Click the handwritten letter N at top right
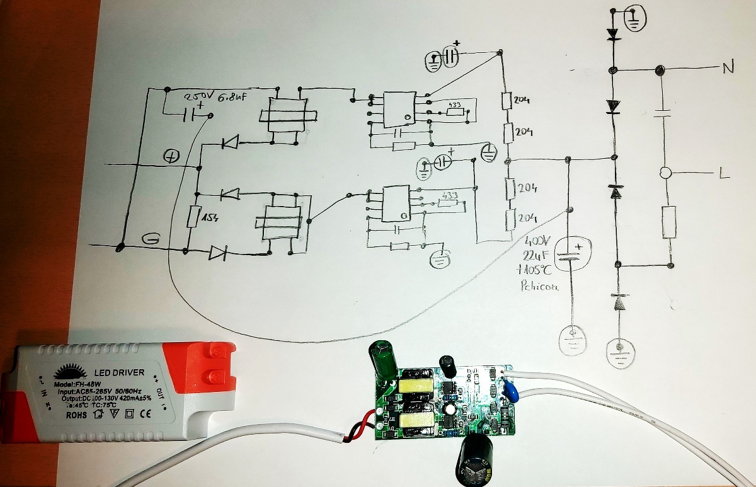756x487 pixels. click(x=728, y=69)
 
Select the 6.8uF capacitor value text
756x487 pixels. click(x=233, y=99)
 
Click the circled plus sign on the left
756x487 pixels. click(x=171, y=156)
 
